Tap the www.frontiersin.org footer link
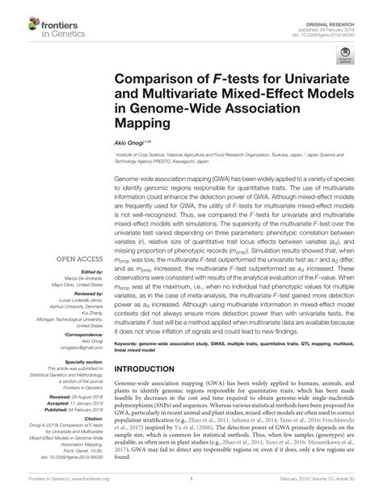pyautogui.click(x=92, y=489)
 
